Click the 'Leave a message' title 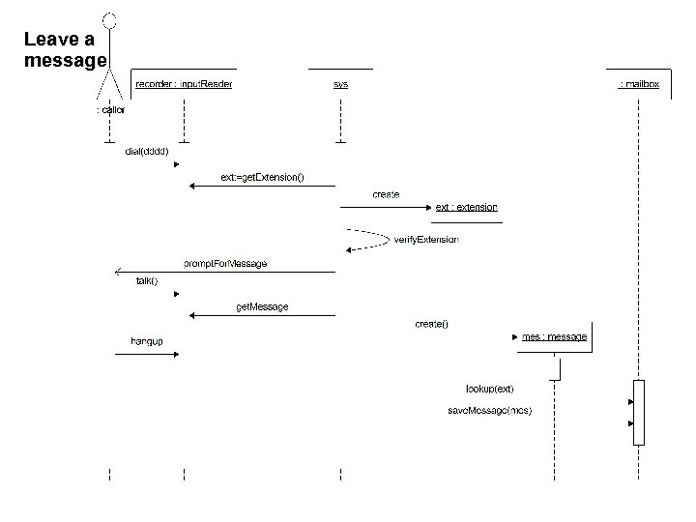[64, 50]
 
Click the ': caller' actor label [110, 110]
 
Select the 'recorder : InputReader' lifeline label [184, 84]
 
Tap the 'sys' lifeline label [340, 84]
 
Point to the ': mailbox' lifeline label [639, 84]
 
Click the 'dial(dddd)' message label [147, 151]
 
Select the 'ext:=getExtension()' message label [262, 177]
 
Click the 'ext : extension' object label [466, 207]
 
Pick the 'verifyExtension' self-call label [426, 239]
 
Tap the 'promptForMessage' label [225, 263]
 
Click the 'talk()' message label [147, 281]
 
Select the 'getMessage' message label [262, 307]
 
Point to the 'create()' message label [431, 324]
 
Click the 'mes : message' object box [554, 336]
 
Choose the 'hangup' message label [147, 340]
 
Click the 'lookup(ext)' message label [489, 389]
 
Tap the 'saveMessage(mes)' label [489, 410]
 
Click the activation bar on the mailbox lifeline [638, 412]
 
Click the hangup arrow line [145, 355]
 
